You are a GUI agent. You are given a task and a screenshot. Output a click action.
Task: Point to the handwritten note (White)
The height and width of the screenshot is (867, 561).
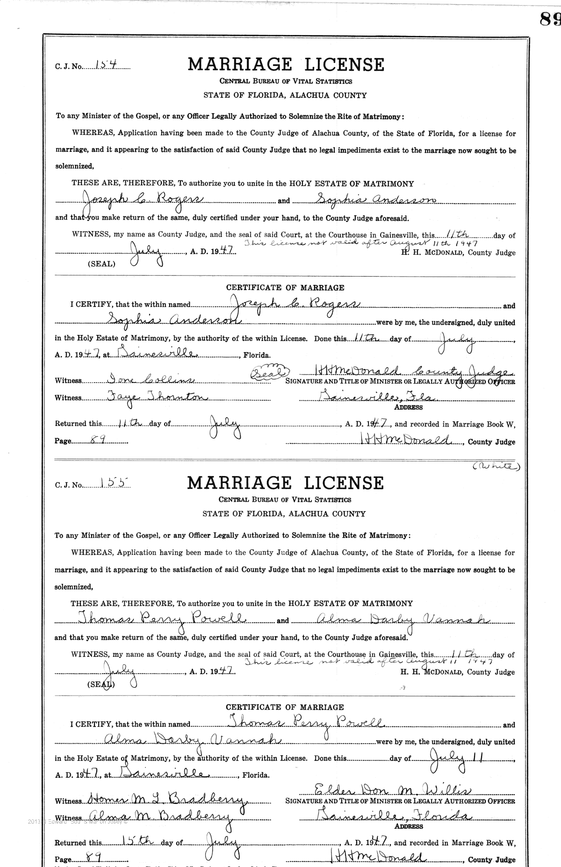[x=495, y=466]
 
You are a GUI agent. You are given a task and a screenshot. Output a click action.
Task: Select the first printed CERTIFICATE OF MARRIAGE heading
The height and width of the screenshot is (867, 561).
[x=285, y=288]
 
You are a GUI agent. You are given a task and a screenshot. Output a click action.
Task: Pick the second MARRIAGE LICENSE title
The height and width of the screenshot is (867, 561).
[x=285, y=483]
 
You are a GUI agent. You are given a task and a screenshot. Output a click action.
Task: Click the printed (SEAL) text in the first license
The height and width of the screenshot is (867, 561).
[x=101, y=264]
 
